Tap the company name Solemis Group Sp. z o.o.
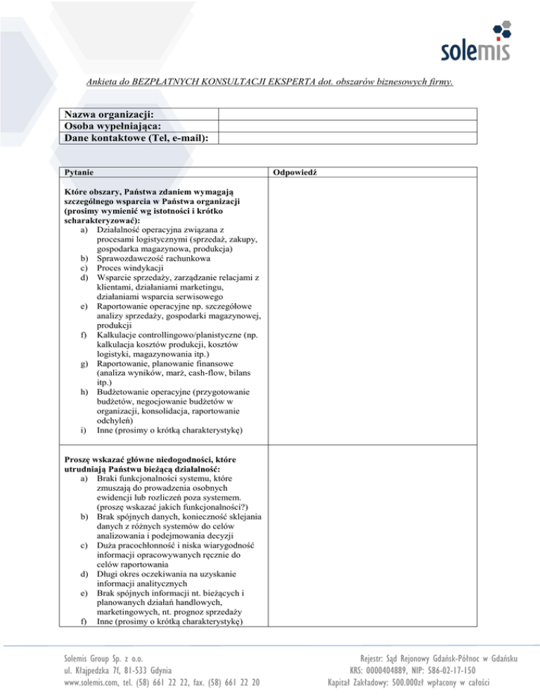coord(96,659)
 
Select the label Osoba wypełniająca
coord(109,126)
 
